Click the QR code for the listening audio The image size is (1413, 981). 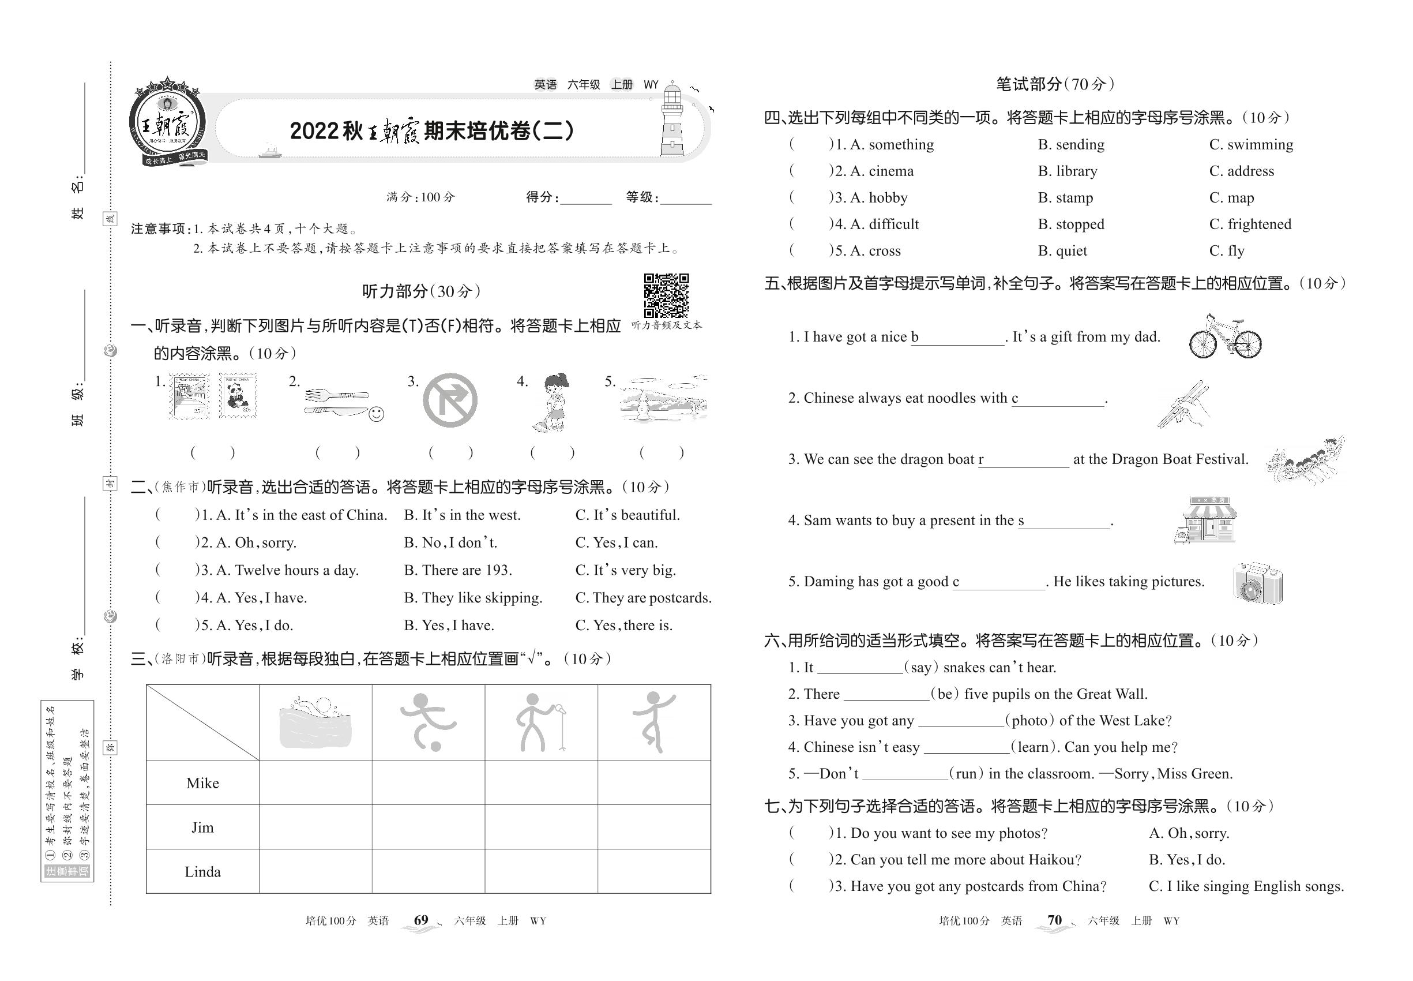(666, 295)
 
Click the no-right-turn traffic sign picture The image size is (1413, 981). (450, 400)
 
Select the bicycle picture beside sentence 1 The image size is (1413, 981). (1224, 337)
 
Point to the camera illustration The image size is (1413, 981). (1257, 582)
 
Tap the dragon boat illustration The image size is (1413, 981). (1306, 460)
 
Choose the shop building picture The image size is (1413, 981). (1205, 520)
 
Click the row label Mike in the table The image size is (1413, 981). (203, 783)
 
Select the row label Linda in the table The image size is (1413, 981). (203, 871)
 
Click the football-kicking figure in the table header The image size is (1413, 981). (427, 722)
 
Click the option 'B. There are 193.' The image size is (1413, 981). (458, 570)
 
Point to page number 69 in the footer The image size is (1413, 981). (421, 920)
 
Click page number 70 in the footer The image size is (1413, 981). (1054, 920)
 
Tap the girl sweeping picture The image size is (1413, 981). (552, 402)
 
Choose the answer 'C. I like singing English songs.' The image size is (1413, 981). (1246, 886)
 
